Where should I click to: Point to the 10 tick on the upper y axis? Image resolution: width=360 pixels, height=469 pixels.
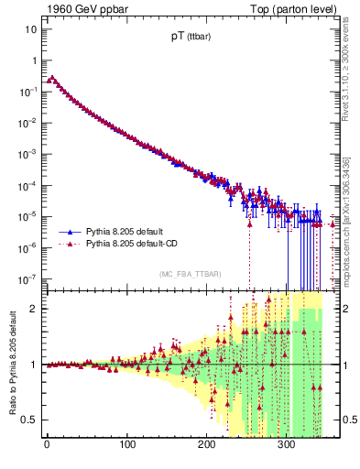pos(31,29)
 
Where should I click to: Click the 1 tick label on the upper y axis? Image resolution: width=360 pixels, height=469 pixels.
pos(34,60)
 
